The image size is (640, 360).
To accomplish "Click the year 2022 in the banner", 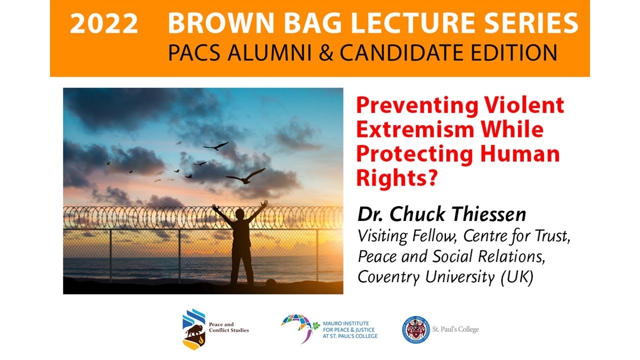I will click(104, 24).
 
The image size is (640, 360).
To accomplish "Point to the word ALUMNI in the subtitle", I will click(260, 52).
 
